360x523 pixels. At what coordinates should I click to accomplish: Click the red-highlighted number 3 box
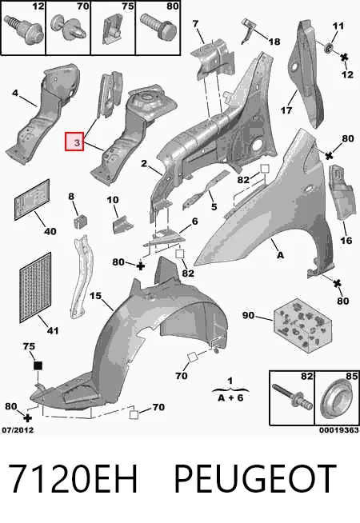pos(74,142)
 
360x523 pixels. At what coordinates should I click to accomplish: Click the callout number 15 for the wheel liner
pos(95,296)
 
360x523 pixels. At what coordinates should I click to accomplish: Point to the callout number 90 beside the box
pos(248,315)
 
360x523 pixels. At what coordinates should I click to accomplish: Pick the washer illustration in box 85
pos(336,398)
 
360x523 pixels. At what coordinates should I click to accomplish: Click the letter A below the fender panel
pos(280,255)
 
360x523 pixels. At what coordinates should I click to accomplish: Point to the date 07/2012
pos(18,430)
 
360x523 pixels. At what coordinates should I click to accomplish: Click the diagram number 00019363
pos(338,430)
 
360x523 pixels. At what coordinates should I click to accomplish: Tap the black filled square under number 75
pos(38,365)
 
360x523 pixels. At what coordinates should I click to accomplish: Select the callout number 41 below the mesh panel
pos(52,330)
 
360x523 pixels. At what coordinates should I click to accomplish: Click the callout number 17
pos(286,110)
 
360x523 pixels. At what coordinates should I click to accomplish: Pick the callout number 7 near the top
pos(195,24)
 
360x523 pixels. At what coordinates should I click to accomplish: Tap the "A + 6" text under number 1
pos(230,397)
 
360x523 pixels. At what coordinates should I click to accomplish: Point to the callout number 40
pos(50,231)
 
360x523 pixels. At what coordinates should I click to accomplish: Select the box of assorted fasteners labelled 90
pos(303,325)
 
